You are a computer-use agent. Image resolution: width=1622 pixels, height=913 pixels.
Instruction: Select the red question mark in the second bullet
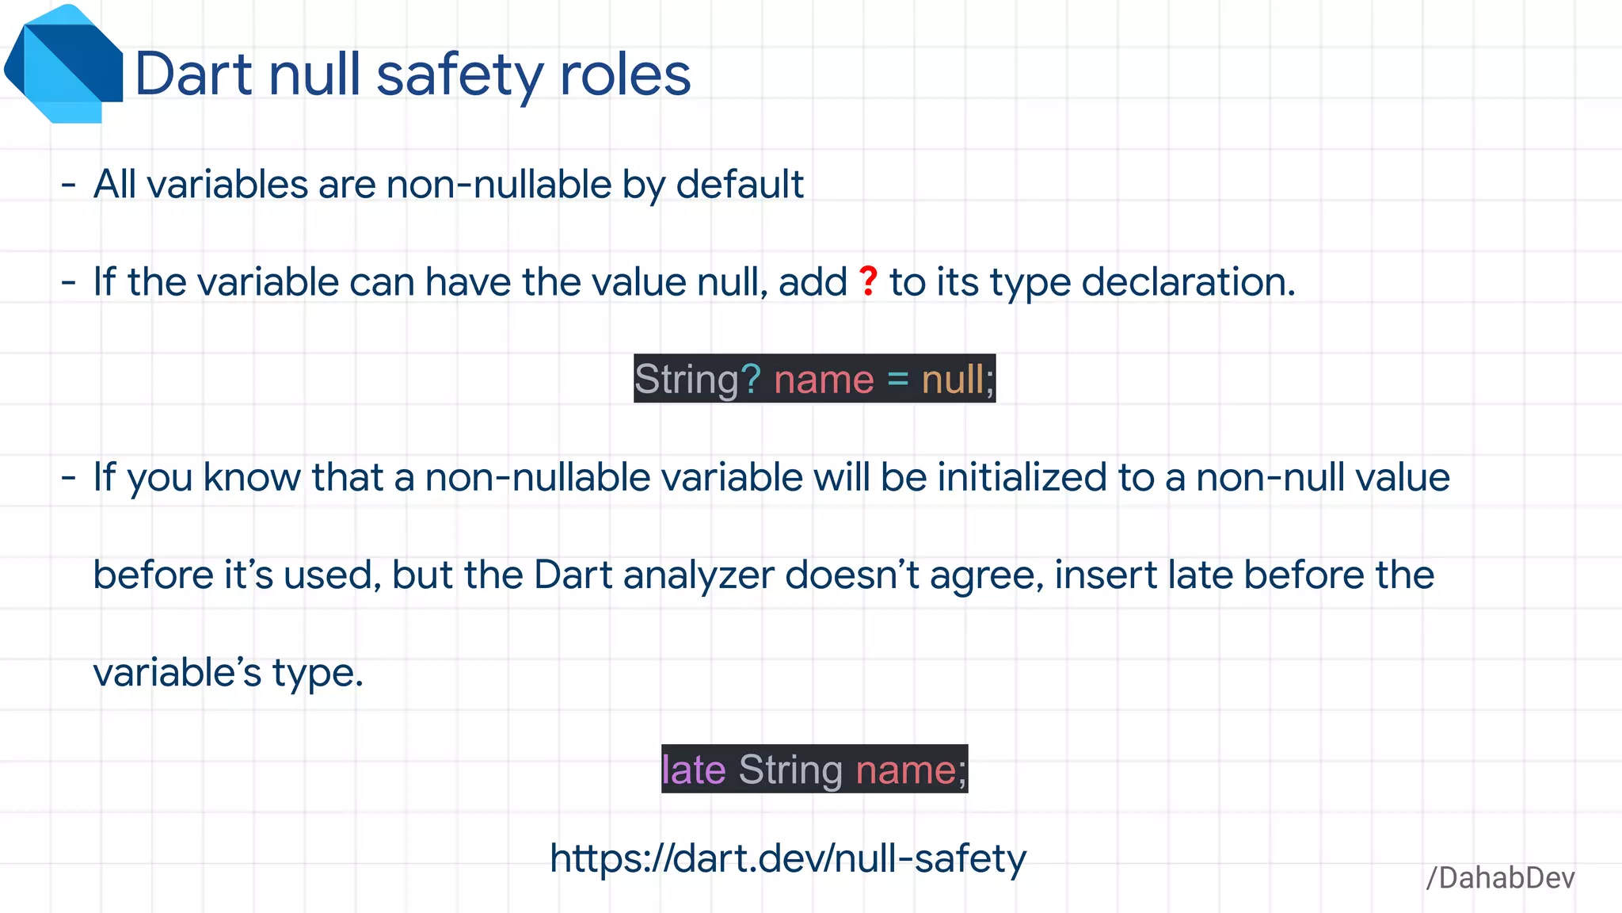point(869,281)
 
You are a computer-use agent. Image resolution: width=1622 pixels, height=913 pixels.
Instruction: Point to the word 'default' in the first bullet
point(740,185)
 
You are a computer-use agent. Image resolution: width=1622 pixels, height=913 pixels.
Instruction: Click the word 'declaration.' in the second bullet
point(1188,283)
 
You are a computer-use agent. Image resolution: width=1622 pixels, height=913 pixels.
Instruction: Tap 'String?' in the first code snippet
point(697,379)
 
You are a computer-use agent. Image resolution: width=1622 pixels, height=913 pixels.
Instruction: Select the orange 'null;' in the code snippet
point(957,379)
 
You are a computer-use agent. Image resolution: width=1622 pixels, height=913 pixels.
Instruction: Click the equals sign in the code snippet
point(897,379)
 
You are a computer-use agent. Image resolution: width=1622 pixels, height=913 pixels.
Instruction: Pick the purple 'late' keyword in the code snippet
point(694,769)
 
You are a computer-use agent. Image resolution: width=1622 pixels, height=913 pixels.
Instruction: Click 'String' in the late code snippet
point(790,769)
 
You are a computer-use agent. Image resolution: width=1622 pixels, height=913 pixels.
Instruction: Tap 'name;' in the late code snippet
point(911,769)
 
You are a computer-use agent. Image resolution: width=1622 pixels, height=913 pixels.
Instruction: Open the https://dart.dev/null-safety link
point(788,858)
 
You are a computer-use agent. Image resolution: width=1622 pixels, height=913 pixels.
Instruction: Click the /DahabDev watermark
point(1500,878)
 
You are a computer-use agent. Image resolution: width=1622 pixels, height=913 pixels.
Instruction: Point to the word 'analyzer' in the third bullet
point(699,575)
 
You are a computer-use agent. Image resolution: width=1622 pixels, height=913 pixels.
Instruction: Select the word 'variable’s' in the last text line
point(177,673)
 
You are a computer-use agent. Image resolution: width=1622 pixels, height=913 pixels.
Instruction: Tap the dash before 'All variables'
point(69,185)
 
